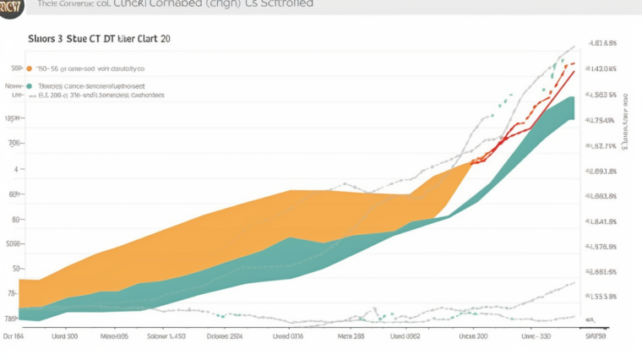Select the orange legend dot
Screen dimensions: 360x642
pyautogui.click(x=30, y=68)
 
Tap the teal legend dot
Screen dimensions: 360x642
pyautogui.click(x=30, y=86)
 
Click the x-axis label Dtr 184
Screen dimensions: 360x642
pyautogui.click(x=14, y=335)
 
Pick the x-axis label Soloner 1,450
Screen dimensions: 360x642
pyautogui.click(x=166, y=335)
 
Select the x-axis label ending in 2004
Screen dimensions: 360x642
pyautogui.click(x=225, y=335)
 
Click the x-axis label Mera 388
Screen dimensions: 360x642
pyautogui.click(x=351, y=335)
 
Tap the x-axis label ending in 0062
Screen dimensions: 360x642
pyautogui.click(x=405, y=335)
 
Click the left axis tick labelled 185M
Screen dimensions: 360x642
pyautogui.click(x=13, y=119)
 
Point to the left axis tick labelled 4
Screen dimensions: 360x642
pyautogui.click(x=14, y=169)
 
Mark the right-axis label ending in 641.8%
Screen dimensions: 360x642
pyautogui.click(x=601, y=222)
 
